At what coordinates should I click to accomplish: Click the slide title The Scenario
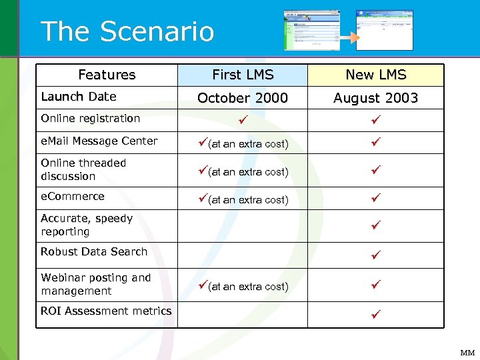coord(127,31)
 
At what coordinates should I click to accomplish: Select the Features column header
coord(107,75)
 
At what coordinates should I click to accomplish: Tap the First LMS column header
coord(243,75)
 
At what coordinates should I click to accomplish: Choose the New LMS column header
coord(376,75)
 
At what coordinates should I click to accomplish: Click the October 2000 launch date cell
coord(243,98)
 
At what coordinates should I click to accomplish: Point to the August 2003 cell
coord(376,98)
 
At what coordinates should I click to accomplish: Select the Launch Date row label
coord(79,97)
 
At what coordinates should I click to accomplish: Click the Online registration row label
coord(90,119)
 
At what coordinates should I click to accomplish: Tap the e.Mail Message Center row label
coord(99,141)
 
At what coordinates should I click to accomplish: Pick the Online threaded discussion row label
coord(83,169)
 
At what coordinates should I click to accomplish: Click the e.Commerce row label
coord(73,196)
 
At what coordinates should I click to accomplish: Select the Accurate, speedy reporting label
coord(87,225)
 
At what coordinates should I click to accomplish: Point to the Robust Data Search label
coord(94,251)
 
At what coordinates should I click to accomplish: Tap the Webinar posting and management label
coord(96,284)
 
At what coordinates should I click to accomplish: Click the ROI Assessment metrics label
coord(106,311)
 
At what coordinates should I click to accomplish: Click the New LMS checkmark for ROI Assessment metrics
coord(376,313)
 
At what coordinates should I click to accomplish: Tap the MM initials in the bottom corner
coord(468,353)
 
